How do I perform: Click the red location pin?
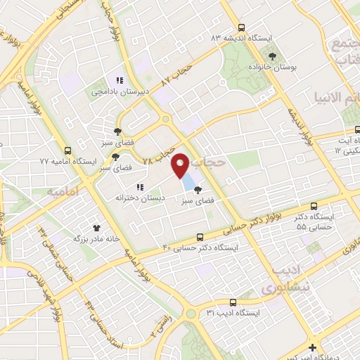click(181, 166)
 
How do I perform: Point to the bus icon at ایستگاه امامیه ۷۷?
click(68, 150)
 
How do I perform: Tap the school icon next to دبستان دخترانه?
click(140, 187)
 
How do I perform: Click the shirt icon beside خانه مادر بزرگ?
click(97, 228)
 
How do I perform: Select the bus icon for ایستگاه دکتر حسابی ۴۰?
click(201, 237)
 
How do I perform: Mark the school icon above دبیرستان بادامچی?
click(120, 80)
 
